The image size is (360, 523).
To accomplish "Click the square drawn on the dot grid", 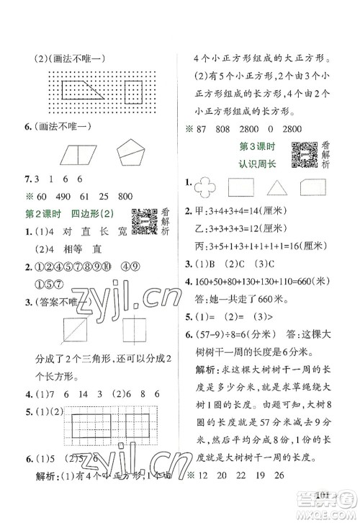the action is pyautogui.click(x=133, y=91).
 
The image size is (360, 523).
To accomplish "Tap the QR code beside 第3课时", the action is pyautogui.click(x=305, y=156).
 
